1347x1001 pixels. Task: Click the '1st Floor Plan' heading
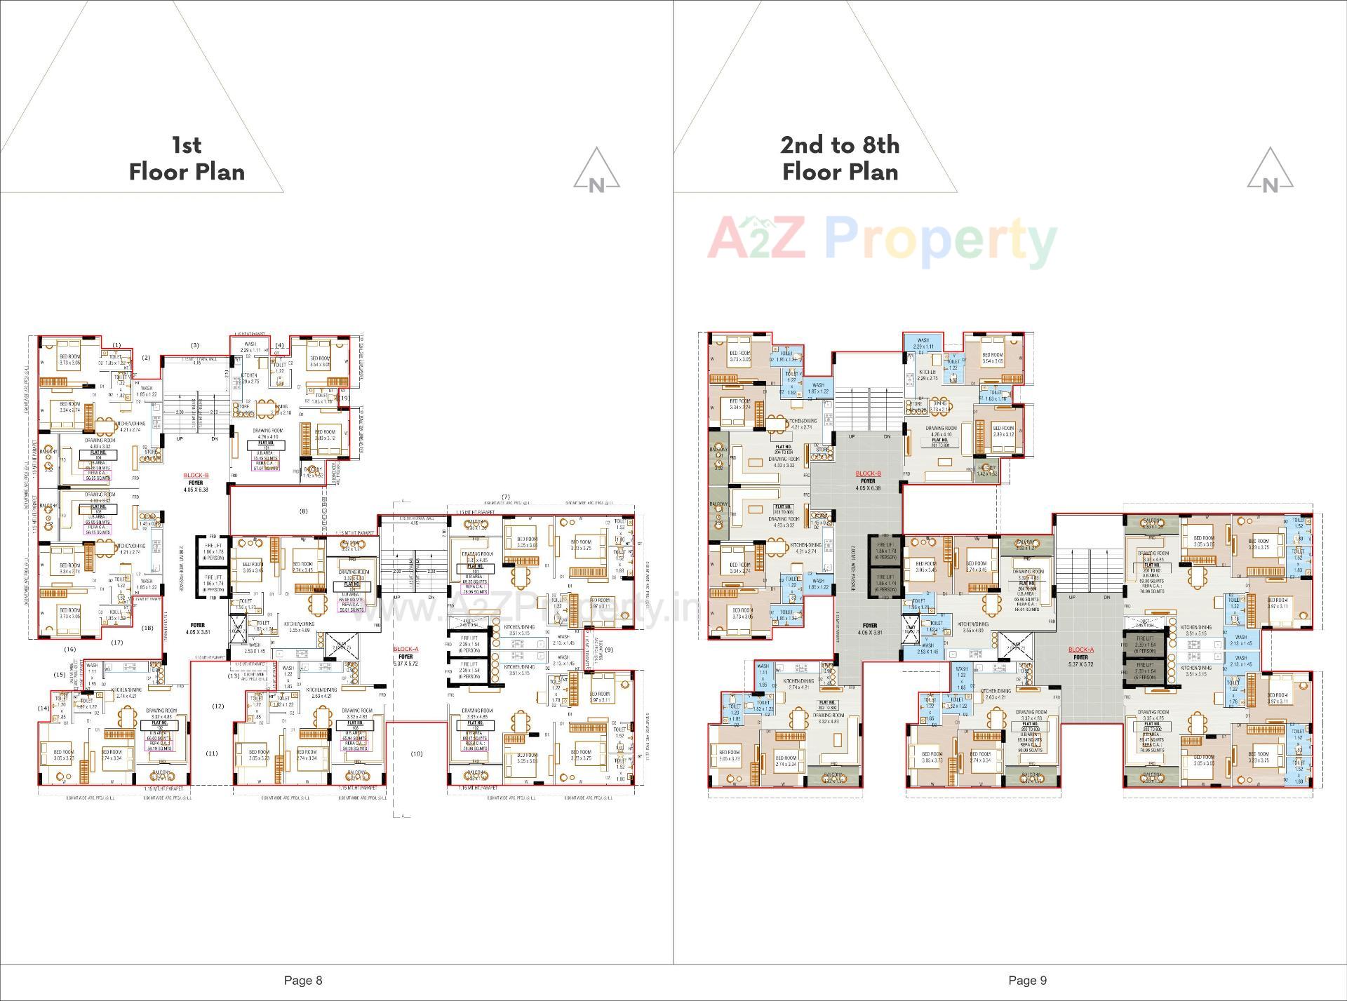187,159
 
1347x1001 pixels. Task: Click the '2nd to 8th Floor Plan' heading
840,159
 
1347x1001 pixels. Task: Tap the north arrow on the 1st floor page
596,170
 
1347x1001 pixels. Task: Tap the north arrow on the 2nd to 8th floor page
1270,170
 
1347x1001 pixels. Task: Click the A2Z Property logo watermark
881,240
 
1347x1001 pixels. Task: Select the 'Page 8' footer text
303,980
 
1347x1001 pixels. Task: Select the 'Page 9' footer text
1027,980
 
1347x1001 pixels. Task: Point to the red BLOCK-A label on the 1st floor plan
406,650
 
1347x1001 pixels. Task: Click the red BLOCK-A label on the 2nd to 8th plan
1080,650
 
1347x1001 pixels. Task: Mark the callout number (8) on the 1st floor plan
303,511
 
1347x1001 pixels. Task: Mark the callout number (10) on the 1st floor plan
416,753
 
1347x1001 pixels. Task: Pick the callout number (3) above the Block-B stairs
195,345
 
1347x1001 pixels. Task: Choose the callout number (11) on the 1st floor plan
211,753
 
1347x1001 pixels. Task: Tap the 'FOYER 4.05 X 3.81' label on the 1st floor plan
197,629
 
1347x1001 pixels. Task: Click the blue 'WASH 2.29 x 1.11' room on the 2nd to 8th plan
923,343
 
